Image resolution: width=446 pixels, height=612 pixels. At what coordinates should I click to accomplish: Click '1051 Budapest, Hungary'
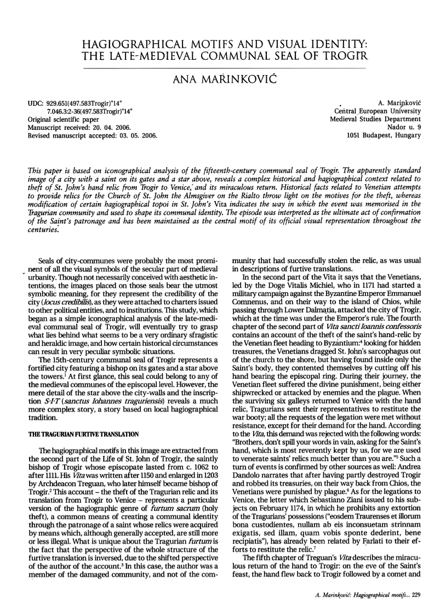383,135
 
